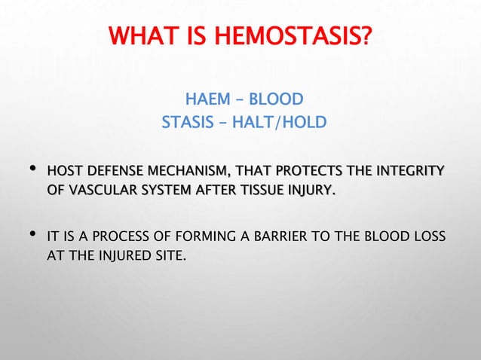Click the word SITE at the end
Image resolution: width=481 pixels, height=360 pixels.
(x=167, y=258)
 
